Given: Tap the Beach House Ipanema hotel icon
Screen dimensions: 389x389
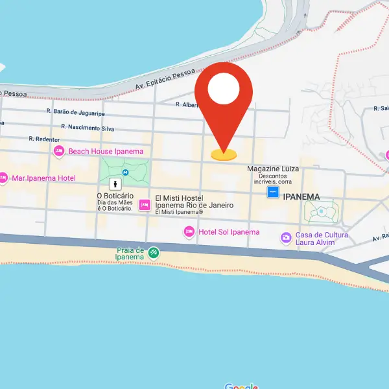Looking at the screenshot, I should [59, 151].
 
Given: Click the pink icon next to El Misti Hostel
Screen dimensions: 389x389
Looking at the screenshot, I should [145, 205].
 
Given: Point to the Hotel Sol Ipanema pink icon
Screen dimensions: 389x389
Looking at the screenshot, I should [189, 231].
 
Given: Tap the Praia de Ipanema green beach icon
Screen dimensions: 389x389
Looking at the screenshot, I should [154, 253].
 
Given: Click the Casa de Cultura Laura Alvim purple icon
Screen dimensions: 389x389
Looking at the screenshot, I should [286, 238].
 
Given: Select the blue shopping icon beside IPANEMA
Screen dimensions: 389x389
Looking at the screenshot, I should [273, 193].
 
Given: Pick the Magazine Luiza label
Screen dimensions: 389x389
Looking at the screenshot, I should [273, 169].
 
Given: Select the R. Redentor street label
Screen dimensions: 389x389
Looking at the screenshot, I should [44, 139].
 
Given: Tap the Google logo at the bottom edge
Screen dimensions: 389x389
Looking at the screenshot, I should [241, 386].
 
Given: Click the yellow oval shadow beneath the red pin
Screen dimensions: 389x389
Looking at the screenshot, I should [224, 155].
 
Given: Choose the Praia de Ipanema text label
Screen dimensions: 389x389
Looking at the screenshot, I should [130, 253].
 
